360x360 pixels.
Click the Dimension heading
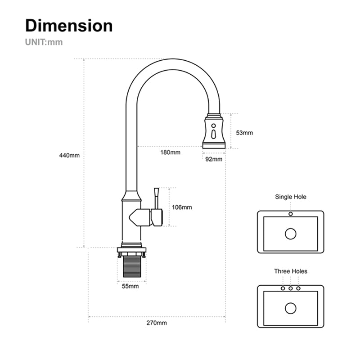(x=69, y=26)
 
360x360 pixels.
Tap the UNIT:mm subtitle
(x=44, y=43)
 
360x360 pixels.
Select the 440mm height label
(x=69, y=156)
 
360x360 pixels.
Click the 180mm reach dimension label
(x=171, y=152)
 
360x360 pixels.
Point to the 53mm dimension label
(x=244, y=133)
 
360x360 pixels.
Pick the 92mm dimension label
(x=214, y=159)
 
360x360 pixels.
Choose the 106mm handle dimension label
(x=182, y=207)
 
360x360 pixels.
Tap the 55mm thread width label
(x=131, y=286)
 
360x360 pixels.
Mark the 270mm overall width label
(x=157, y=323)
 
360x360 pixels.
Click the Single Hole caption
(x=291, y=197)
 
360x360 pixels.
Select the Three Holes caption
(x=291, y=271)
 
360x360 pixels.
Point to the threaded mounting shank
(x=132, y=267)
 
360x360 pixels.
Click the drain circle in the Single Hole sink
(x=291, y=234)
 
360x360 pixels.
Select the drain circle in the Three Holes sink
(x=291, y=308)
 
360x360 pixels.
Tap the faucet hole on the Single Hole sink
(x=291, y=214)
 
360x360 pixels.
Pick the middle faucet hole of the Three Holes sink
(x=291, y=288)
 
